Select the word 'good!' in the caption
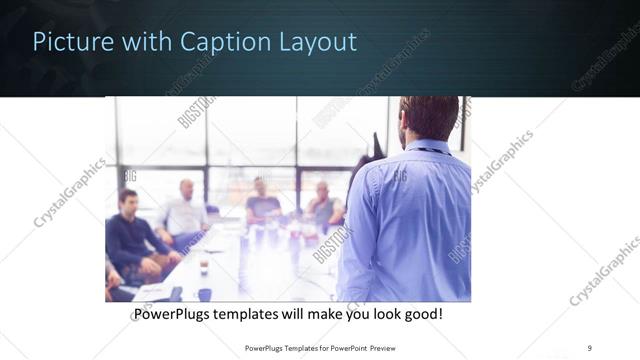pos(420,314)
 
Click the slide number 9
pos(589,347)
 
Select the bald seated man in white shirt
pos(183,212)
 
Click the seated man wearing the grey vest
pos(323,205)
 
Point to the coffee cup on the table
pos(203,266)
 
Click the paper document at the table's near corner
pos(150,291)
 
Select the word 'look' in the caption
pos(384,314)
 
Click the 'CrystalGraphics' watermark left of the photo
pos(70,192)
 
